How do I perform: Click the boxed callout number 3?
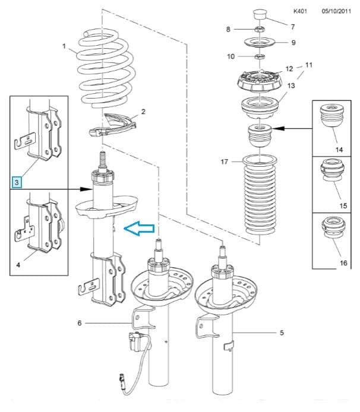tap(17, 182)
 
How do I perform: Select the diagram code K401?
tap(301, 11)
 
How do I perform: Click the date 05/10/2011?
tap(337, 11)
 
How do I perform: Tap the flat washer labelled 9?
tap(259, 43)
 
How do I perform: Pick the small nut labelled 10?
tap(258, 57)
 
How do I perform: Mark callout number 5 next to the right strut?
tap(282, 332)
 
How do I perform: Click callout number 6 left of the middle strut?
tap(80, 323)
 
